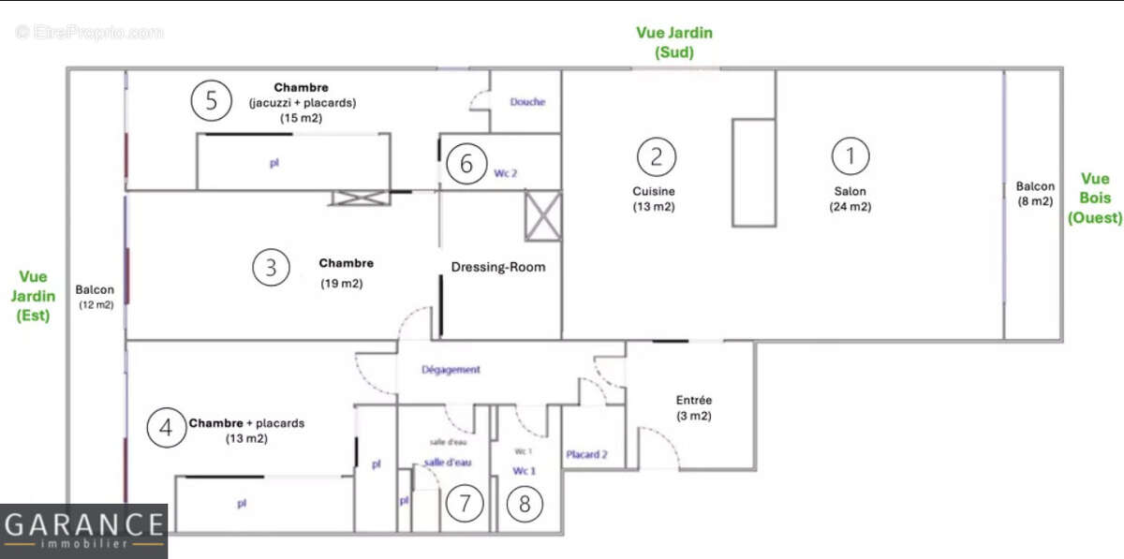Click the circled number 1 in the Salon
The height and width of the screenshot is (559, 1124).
pos(851,156)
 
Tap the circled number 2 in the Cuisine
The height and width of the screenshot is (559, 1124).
pos(657,155)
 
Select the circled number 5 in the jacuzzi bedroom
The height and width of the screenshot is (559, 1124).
pos(212,100)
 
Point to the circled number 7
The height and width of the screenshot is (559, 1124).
pos(465,505)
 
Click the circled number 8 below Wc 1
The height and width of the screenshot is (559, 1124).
pos(525,505)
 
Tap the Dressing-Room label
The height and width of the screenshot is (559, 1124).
pos(498,267)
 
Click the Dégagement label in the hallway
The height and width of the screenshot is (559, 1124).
pos(451,370)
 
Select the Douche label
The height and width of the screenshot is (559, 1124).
pos(527,102)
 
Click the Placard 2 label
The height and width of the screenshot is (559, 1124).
pos(587,455)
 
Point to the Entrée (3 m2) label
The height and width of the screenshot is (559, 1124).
pos(694,407)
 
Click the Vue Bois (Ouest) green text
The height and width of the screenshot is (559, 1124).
pos(1095,198)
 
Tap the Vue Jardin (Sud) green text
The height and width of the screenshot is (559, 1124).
pos(674,42)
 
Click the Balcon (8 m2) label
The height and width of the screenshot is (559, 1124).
pos(1035,194)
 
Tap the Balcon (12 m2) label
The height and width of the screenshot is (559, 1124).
pos(95,297)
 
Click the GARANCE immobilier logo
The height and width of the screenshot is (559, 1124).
pos(83,530)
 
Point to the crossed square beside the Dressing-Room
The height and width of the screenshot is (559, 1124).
pos(543,214)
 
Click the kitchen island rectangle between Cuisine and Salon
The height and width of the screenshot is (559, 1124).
pos(754,172)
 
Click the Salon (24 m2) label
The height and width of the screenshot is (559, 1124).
pos(850,199)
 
